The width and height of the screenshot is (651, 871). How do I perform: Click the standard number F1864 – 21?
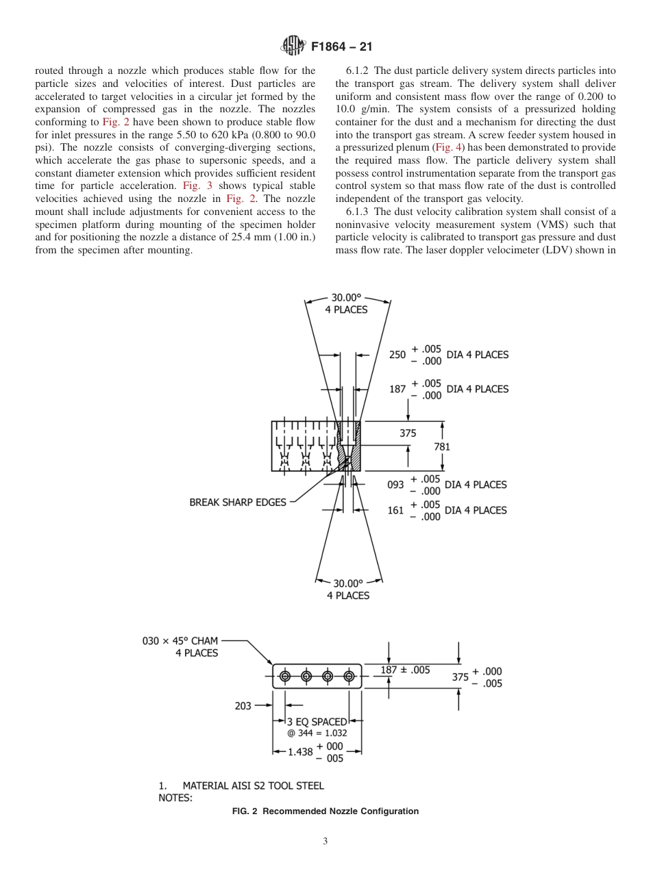click(x=341, y=47)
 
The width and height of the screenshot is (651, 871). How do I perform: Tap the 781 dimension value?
click(x=442, y=446)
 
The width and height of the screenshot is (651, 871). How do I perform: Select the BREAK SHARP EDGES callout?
click(x=238, y=502)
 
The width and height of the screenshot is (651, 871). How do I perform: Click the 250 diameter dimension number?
click(x=397, y=355)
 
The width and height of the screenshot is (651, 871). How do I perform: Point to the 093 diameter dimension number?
click(x=396, y=485)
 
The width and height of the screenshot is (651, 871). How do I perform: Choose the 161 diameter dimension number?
click(x=396, y=510)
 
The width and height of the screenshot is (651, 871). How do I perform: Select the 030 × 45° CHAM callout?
click(x=180, y=641)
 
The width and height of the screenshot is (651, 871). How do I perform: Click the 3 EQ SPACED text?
click(x=317, y=722)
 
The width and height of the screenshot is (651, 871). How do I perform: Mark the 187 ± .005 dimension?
click(x=405, y=670)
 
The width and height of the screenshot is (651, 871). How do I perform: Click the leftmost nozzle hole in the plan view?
click(x=285, y=677)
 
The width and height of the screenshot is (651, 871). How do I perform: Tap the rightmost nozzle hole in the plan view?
click(x=349, y=677)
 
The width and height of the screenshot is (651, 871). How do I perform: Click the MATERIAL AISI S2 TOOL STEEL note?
click(x=253, y=785)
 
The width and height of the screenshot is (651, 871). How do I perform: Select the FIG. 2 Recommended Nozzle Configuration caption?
click(x=325, y=811)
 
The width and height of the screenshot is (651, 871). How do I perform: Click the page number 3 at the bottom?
click(x=325, y=842)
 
